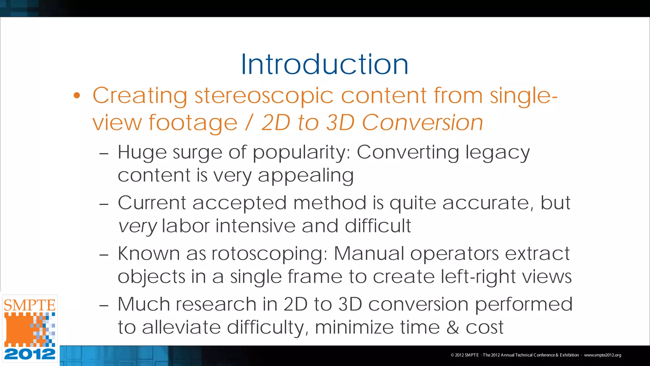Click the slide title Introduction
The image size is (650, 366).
point(324,64)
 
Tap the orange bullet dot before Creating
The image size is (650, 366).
point(77,95)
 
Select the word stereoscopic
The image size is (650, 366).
point(264,96)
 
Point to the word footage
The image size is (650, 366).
point(193,123)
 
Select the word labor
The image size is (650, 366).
point(186,226)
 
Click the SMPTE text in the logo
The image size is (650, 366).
point(30,305)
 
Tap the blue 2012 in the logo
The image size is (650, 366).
point(30,354)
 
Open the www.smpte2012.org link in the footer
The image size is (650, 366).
point(602,355)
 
